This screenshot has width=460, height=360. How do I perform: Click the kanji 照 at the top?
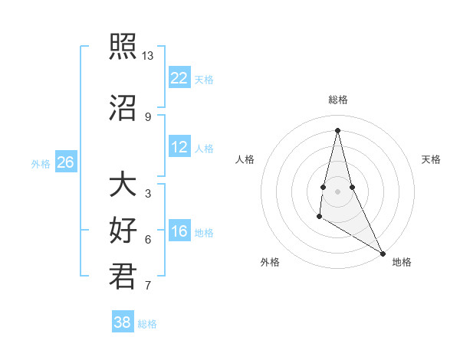click(123, 47)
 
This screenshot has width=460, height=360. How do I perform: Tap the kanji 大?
click(123, 185)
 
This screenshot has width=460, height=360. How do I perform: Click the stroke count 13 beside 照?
click(148, 56)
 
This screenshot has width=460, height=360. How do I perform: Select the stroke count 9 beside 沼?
click(148, 116)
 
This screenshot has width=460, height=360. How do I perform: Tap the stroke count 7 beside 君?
click(148, 286)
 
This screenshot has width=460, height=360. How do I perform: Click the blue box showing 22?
click(179, 78)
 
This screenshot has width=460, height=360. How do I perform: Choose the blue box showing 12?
click(179, 147)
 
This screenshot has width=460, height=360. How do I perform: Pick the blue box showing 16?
click(179, 231)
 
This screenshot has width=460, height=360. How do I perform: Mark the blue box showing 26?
click(66, 162)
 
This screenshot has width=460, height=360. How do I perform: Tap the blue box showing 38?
click(123, 322)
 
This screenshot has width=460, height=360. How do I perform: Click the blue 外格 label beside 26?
click(41, 163)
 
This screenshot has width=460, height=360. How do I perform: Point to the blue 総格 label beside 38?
click(147, 324)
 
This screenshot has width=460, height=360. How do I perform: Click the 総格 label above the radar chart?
click(337, 100)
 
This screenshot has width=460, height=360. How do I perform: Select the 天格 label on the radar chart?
click(431, 159)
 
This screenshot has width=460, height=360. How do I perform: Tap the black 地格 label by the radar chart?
click(402, 262)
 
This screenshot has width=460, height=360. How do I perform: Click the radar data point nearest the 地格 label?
click(383, 254)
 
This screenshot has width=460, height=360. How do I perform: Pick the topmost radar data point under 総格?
click(337, 129)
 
